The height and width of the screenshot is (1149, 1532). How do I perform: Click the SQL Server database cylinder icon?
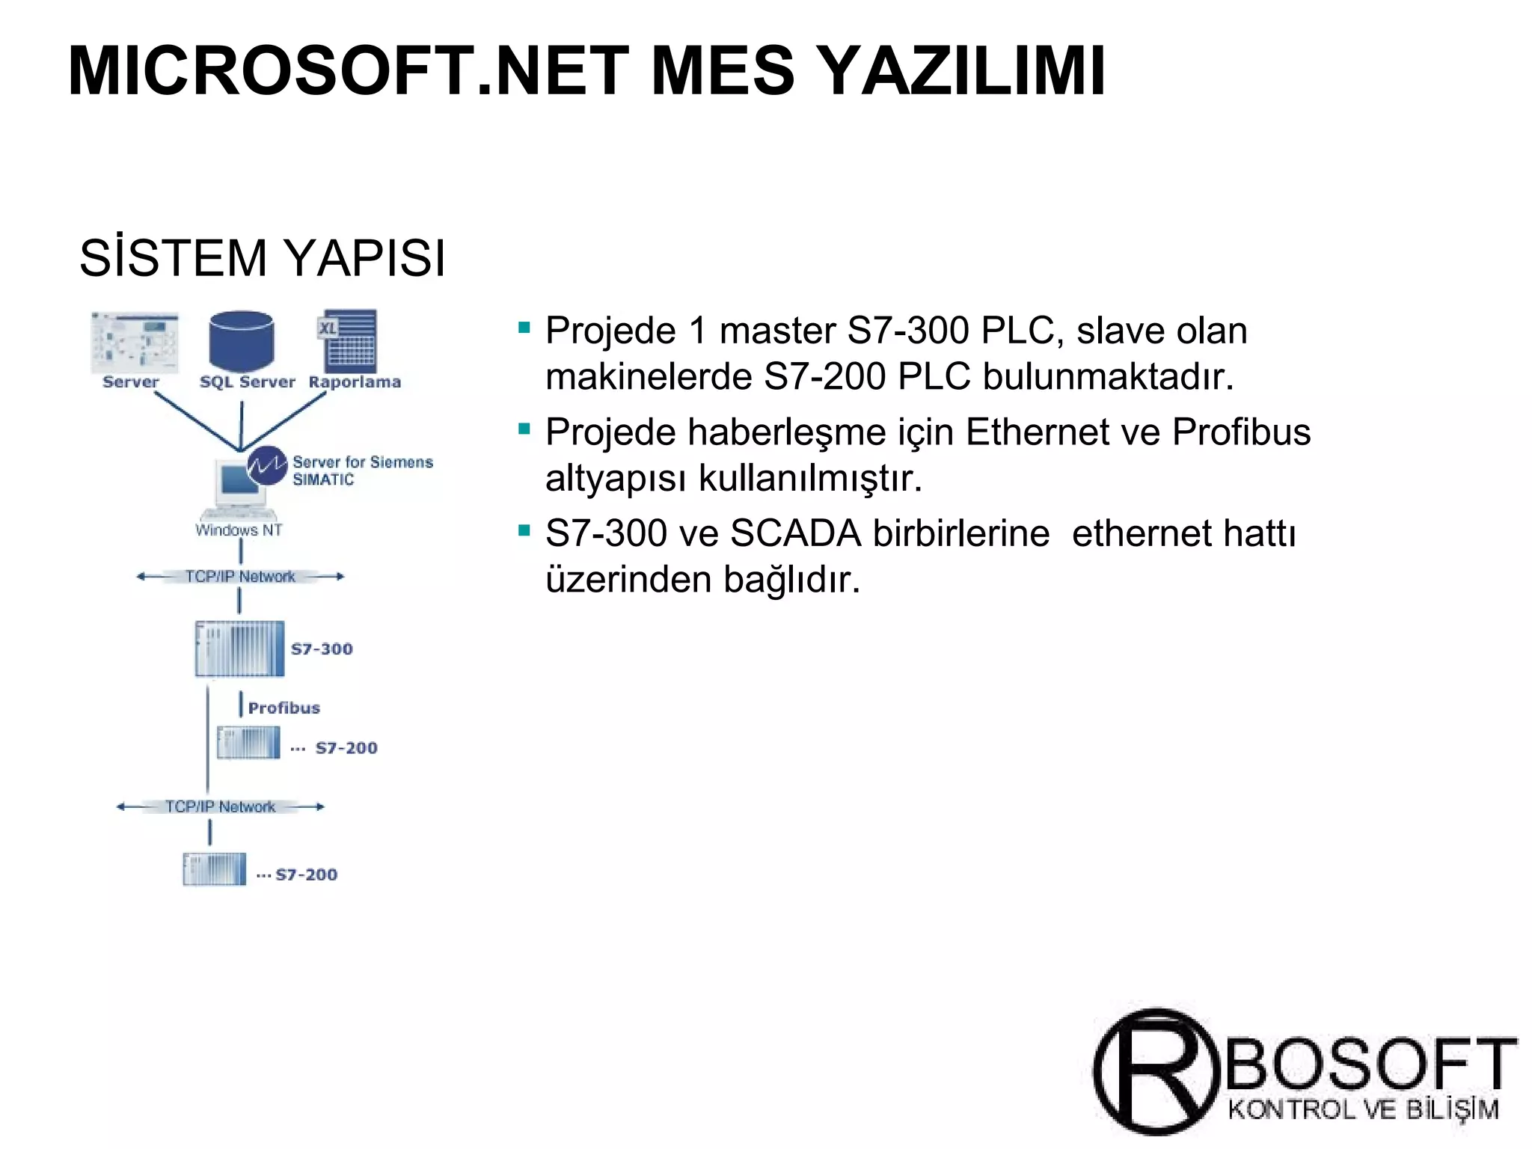242,341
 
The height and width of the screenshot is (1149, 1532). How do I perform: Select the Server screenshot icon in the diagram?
135,342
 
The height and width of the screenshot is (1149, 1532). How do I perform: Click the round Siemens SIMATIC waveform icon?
267,465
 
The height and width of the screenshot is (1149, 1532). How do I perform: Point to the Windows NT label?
239,530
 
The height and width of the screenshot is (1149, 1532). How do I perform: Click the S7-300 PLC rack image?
239,649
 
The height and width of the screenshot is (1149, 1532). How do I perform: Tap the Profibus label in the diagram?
284,708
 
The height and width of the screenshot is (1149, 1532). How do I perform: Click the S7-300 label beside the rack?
322,649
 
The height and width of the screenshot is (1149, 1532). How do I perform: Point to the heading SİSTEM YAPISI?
263,258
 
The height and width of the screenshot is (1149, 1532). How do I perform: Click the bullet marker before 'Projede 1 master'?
524,327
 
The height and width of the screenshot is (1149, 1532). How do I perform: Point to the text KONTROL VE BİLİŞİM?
1363,1109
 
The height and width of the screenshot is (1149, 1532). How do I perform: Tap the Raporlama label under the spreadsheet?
355,382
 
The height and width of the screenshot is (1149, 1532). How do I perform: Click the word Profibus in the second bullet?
1241,432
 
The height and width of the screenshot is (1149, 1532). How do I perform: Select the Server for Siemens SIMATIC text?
362,471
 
